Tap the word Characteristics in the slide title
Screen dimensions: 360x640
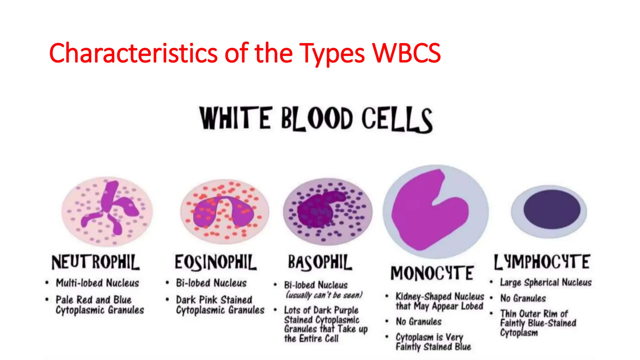(x=133, y=53)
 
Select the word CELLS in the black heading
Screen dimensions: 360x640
(x=397, y=119)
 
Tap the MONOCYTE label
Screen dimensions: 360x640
(x=432, y=273)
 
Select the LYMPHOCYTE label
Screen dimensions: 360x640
(x=542, y=262)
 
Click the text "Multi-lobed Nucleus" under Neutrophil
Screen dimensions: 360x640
(x=97, y=283)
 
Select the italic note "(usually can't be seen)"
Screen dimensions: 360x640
(x=324, y=295)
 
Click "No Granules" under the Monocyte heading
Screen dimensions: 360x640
(x=419, y=322)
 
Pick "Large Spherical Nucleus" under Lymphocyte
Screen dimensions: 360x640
(x=546, y=282)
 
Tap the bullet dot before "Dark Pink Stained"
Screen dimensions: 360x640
(x=167, y=300)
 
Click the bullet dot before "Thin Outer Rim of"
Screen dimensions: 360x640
(x=491, y=313)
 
